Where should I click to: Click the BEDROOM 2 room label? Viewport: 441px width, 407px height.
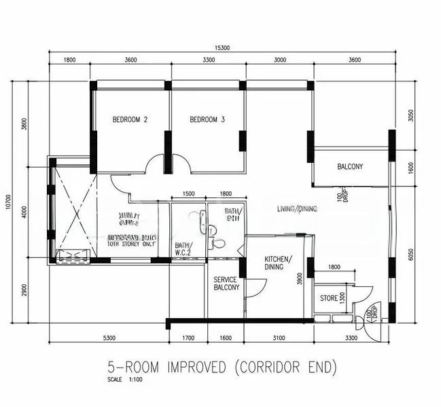point(130,120)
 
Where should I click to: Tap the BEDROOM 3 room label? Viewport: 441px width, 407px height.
point(207,120)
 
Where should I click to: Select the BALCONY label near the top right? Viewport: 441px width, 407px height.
point(350,167)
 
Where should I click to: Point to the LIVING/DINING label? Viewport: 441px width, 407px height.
point(297,209)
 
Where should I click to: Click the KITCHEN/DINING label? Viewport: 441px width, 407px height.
point(279,263)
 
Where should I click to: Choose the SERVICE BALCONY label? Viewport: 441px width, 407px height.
point(226,284)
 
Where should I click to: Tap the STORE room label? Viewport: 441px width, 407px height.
point(330,298)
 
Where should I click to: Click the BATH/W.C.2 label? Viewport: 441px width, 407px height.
point(183,249)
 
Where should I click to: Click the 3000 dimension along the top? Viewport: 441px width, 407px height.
point(280,60)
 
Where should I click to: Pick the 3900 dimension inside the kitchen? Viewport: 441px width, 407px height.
point(300,277)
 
